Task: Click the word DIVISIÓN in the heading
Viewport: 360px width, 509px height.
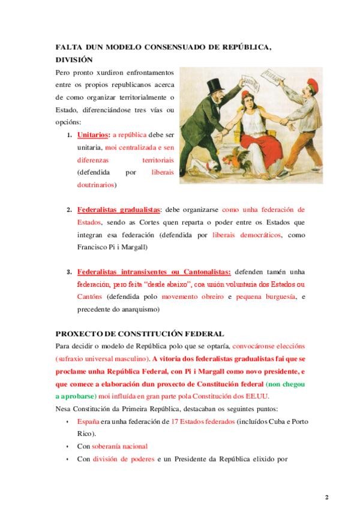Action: (74, 59)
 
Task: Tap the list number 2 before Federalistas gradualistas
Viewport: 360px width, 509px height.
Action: (70, 210)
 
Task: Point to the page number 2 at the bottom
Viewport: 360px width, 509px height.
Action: (327, 497)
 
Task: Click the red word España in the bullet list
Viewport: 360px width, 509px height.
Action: (88, 422)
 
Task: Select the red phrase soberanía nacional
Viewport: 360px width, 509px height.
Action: (119, 446)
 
